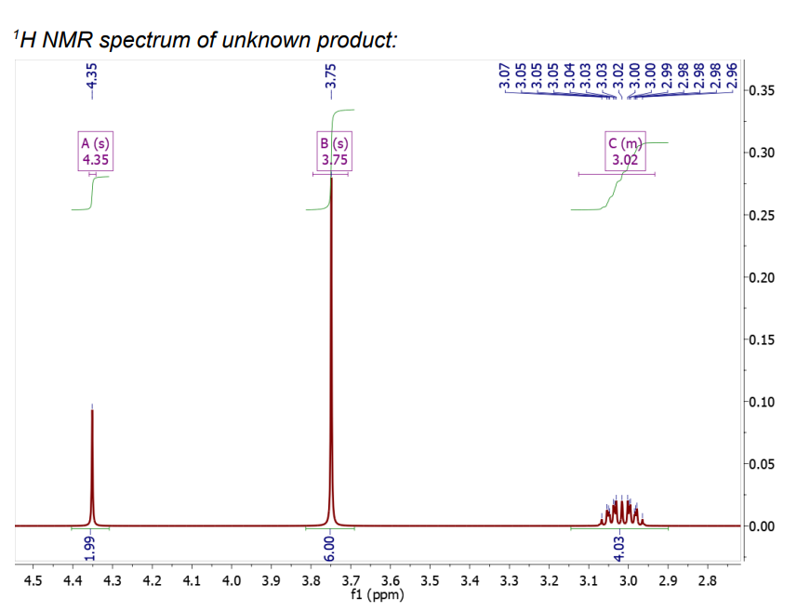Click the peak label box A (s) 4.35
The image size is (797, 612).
pyautogui.click(x=93, y=152)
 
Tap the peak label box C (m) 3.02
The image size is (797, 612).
pyautogui.click(x=625, y=152)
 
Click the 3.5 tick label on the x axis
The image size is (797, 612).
pyautogui.click(x=429, y=581)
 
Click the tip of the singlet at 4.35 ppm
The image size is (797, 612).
pyautogui.click(x=92, y=410)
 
